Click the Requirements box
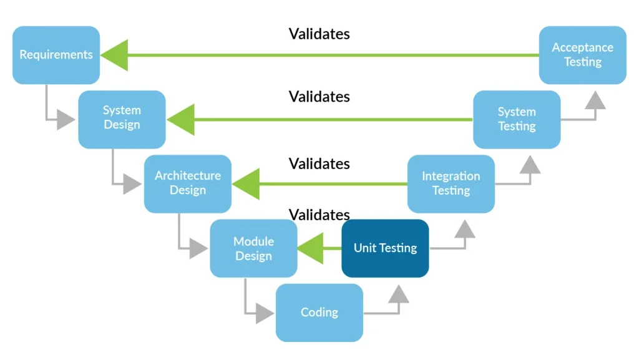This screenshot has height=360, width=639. click(x=56, y=55)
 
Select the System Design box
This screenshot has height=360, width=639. click(x=122, y=119)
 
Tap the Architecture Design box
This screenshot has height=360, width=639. click(x=187, y=183)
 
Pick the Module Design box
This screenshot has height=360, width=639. click(x=253, y=248)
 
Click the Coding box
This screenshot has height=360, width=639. click(x=319, y=313)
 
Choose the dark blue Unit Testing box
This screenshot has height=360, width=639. click(x=385, y=248)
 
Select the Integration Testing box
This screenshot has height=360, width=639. click(x=451, y=183)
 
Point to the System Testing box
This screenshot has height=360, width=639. click(x=517, y=119)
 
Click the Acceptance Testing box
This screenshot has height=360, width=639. click(x=582, y=55)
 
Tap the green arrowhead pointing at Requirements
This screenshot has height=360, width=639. click(x=115, y=55)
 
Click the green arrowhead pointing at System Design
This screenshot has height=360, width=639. click(x=181, y=119)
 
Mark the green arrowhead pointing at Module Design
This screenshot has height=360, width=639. click(x=311, y=248)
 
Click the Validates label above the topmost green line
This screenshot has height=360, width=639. click(x=319, y=34)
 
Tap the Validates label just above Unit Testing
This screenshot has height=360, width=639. click(x=319, y=215)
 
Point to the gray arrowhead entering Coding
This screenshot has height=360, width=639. click(x=265, y=313)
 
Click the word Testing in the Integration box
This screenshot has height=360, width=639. click(x=451, y=190)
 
